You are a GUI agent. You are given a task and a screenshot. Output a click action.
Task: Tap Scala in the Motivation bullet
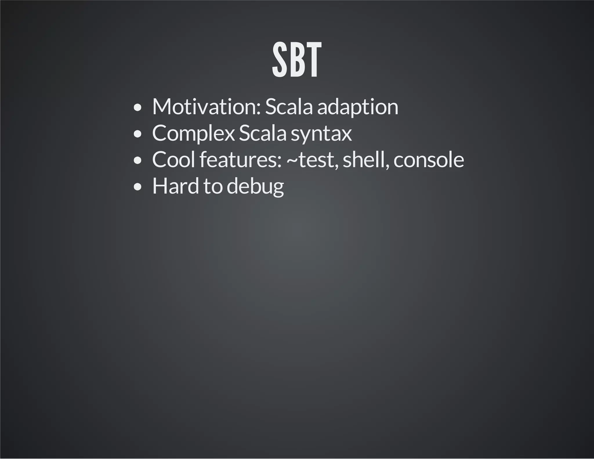coord(289,107)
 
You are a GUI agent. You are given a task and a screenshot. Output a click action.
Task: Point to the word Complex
coord(193,133)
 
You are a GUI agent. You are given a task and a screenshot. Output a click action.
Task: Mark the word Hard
coord(175,186)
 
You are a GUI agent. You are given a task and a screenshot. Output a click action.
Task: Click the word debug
coord(255,187)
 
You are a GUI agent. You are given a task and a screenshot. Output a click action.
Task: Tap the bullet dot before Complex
coord(138,134)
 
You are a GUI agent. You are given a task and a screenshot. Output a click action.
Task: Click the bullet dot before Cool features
coord(138,161)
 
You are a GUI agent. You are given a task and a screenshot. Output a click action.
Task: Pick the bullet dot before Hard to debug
coord(138,187)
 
